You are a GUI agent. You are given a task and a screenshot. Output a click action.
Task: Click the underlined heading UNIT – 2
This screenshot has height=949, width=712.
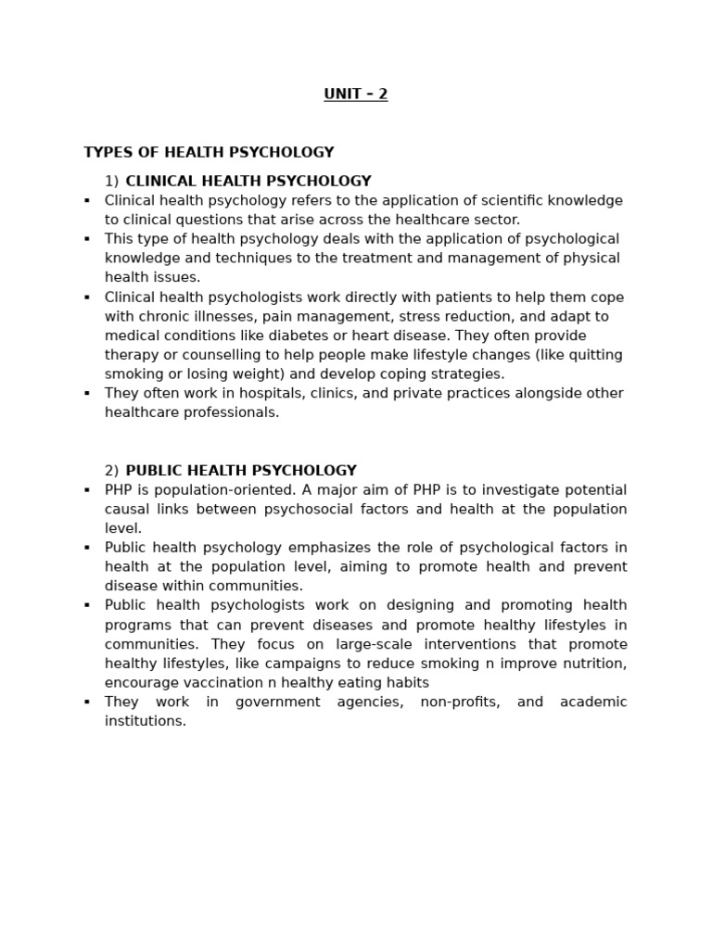pyautogui.click(x=356, y=95)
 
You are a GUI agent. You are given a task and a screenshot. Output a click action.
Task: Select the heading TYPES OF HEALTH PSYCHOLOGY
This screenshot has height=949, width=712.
pyautogui.click(x=209, y=153)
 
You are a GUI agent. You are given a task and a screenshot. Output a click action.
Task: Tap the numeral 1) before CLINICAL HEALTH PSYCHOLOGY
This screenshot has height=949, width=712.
pyautogui.click(x=111, y=182)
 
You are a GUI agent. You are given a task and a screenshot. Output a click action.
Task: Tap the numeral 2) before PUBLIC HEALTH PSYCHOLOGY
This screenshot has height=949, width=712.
pyautogui.click(x=111, y=471)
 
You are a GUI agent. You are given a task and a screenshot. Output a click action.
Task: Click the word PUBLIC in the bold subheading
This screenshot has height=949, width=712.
pyautogui.click(x=152, y=471)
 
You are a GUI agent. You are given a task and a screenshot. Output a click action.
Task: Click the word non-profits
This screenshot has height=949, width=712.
pyautogui.click(x=460, y=702)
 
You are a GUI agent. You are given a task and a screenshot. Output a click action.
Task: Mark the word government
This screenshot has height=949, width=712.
pyautogui.click(x=278, y=702)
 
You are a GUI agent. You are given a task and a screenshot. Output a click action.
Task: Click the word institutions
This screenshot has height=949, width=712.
pyautogui.click(x=145, y=721)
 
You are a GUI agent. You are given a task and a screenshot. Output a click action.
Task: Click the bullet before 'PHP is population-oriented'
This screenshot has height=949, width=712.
pyautogui.click(x=87, y=490)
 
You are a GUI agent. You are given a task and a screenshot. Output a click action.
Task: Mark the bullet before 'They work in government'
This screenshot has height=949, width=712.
pyautogui.click(x=87, y=702)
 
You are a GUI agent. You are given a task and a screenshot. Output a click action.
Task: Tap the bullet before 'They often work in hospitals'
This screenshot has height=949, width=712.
pyautogui.click(x=87, y=393)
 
